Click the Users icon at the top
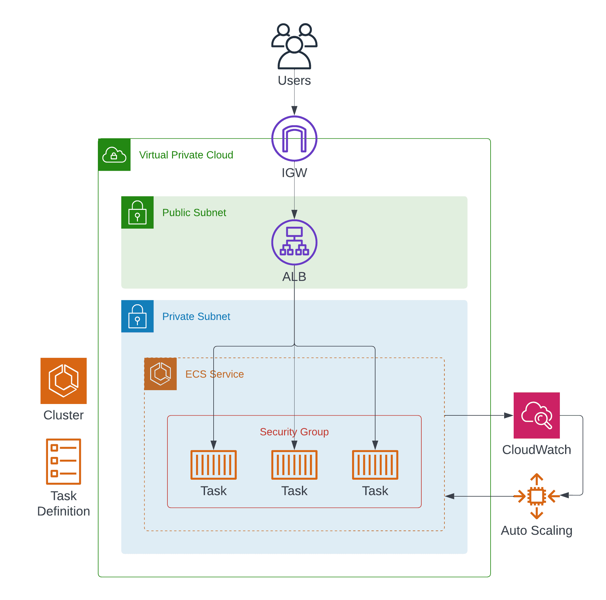[x=294, y=46]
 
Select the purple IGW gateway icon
[x=294, y=139]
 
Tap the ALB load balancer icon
[x=294, y=242]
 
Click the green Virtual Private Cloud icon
[x=114, y=155]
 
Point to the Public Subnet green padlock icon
[x=137, y=212]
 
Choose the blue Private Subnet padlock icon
[x=137, y=316]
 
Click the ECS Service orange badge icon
[x=160, y=374]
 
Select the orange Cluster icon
[x=63, y=381]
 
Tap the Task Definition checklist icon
[x=63, y=461]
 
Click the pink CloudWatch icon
[x=536, y=415]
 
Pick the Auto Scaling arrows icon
[x=536, y=496]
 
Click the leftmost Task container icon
[x=213, y=465]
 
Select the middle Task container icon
[x=294, y=465]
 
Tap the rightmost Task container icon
[x=375, y=465]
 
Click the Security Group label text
[x=294, y=432]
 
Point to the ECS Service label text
[x=215, y=374]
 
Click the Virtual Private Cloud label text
[x=186, y=155]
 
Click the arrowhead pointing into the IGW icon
[x=294, y=111]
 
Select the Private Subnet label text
[x=196, y=317]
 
